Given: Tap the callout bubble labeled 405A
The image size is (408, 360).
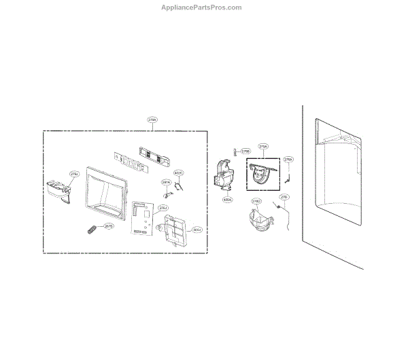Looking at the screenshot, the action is (x=227, y=200).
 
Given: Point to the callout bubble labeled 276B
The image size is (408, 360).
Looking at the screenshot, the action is (x=245, y=151).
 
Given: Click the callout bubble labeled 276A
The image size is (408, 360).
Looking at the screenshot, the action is (x=288, y=160).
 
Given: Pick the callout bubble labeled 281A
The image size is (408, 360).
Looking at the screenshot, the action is (x=166, y=183).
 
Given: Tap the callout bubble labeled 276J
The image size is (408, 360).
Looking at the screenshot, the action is (x=163, y=208).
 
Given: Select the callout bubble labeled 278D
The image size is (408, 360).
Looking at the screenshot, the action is (x=257, y=202).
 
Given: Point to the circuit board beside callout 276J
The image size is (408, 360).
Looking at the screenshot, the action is (x=143, y=219).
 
